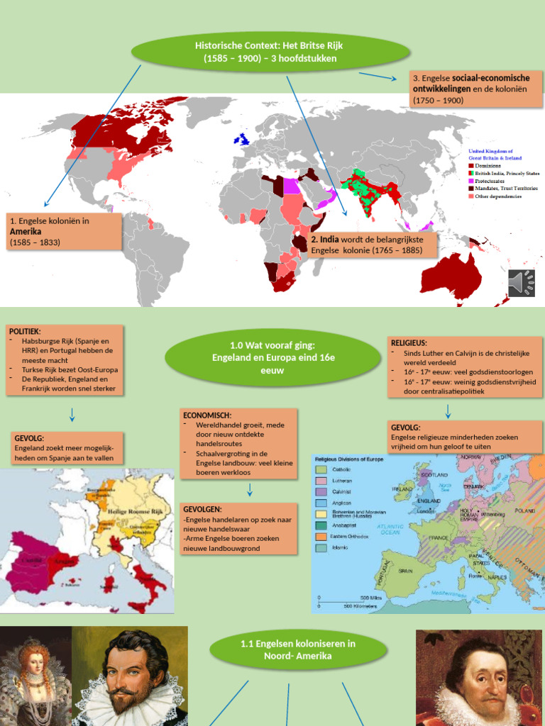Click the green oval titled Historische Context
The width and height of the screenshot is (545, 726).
[x=270, y=52]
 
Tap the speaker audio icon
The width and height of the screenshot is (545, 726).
[x=522, y=283]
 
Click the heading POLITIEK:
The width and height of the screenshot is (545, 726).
[x=25, y=331]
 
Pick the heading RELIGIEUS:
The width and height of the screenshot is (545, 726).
[x=409, y=342]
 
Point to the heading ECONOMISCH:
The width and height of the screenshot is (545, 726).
[x=207, y=415]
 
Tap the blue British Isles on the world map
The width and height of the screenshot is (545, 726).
[x=243, y=138]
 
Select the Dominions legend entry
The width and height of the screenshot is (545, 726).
[x=489, y=165]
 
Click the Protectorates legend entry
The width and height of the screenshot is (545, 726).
[x=493, y=180]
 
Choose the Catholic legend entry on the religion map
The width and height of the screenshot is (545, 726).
[x=346, y=469]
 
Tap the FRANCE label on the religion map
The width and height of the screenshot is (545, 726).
[x=438, y=538]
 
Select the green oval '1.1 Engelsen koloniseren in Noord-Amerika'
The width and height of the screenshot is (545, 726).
[x=298, y=650]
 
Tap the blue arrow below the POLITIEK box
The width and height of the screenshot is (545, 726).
[x=72, y=415]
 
